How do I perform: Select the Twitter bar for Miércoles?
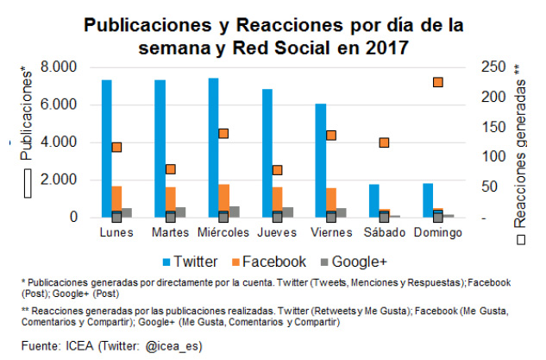pyautogui.click(x=213, y=148)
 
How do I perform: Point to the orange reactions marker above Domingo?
pyautogui.click(x=438, y=82)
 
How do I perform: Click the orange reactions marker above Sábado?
pyautogui.click(x=384, y=142)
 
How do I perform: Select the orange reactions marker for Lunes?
pyautogui.click(x=116, y=147)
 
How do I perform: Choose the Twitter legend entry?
pyautogui.click(x=188, y=261)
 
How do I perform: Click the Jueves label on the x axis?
pyautogui.click(x=277, y=232)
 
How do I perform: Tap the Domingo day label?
pyautogui.click(x=437, y=232)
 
